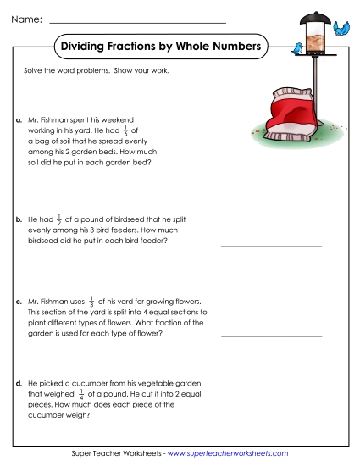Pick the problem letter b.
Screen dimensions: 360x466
pyautogui.click(x=19, y=219)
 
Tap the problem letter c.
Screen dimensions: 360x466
pyautogui.click(x=19, y=301)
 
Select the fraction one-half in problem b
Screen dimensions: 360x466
pyautogui.click(x=58, y=218)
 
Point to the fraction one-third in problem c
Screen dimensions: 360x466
pyautogui.click(x=91, y=300)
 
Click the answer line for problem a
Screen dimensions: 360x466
pyautogui.click(x=212, y=162)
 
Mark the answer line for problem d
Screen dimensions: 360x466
pyautogui.click(x=271, y=418)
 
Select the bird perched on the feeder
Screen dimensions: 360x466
pyautogui.click(x=298, y=49)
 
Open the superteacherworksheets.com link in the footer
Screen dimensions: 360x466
pyautogui.click(x=228, y=454)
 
